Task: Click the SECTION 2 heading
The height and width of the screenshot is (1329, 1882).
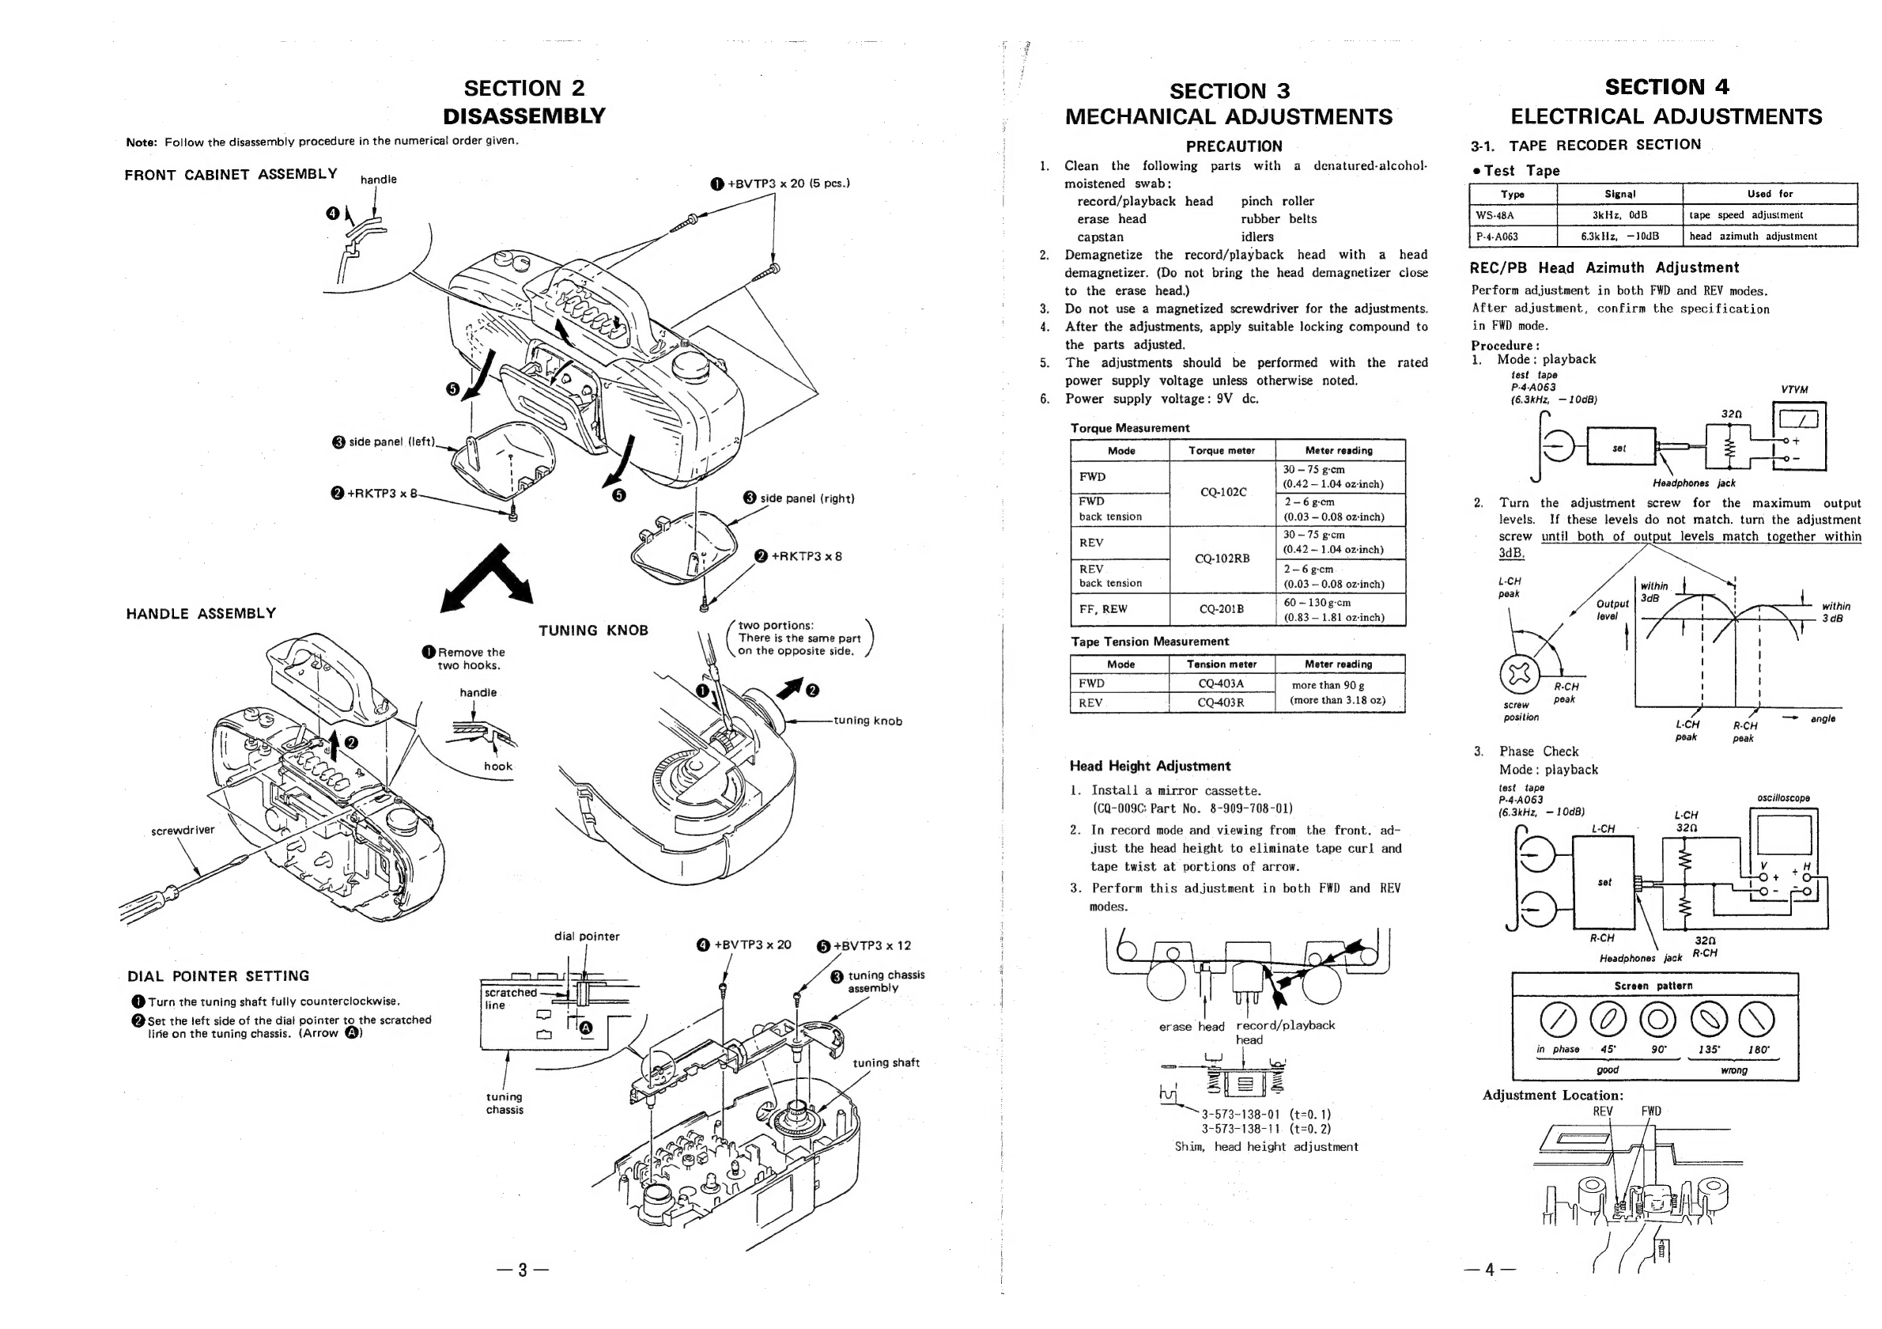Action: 523,89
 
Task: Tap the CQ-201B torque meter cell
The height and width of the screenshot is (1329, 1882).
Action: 1222,609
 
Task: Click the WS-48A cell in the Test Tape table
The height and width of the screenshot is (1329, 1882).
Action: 1495,216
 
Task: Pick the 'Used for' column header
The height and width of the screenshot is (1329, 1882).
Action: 1770,195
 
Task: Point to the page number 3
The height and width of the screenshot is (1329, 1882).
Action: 522,1270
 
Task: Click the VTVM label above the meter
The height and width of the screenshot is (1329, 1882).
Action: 1794,390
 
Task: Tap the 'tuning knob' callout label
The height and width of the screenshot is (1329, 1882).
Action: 867,721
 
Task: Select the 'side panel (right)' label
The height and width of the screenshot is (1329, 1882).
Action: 807,498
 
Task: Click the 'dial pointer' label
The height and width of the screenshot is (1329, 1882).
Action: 587,937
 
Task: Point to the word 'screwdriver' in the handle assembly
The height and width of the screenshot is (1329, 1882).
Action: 183,831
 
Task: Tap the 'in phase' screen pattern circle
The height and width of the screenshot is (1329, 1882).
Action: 1558,1020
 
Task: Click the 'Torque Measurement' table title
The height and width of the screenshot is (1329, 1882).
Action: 1129,428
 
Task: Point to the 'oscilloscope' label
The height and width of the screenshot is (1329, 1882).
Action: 1783,797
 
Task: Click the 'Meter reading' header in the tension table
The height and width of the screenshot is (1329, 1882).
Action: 1338,664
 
